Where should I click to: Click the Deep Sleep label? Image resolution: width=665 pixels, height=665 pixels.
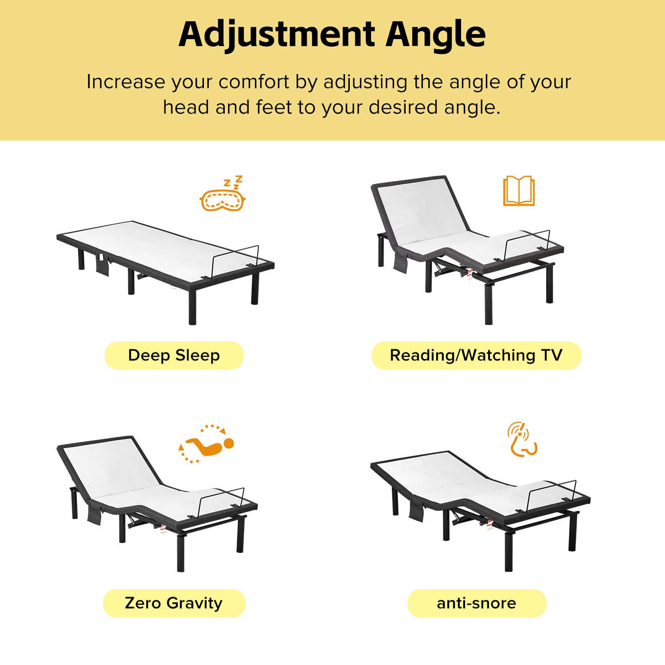point(174,355)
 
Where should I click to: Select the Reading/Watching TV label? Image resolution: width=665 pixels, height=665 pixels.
point(476,355)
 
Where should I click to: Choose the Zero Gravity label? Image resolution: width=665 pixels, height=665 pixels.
point(174,603)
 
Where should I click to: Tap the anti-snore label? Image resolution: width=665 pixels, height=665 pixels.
point(477,603)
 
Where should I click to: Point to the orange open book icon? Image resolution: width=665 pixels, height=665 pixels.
point(519,191)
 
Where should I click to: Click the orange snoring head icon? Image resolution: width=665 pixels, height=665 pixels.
point(522,439)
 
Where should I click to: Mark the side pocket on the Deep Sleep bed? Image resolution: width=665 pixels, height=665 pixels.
point(102,264)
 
